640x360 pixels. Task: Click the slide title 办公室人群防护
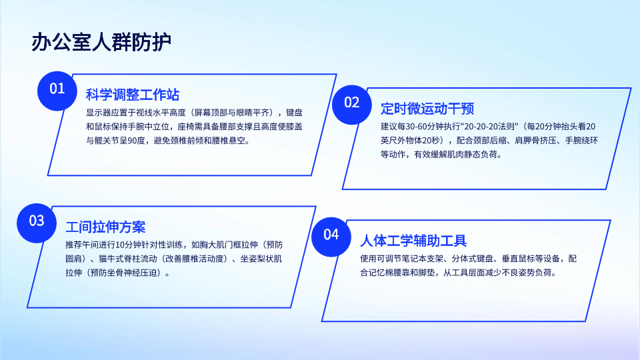[x=101, y=42]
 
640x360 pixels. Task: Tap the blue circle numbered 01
[x=57, y=91]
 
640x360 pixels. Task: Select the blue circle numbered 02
[x=352, y=105]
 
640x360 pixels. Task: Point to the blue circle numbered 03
[x=37, y=223]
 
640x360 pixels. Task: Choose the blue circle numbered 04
[x=331, y=237]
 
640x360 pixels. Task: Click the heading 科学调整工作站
[x=133, y=95]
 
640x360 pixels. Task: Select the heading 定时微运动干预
[x=427, y=109]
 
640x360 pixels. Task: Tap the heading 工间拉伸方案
[x=106, y=227]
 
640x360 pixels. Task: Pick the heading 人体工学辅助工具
[x=413, y=241]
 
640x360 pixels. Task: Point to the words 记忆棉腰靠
[x=397, y=273]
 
